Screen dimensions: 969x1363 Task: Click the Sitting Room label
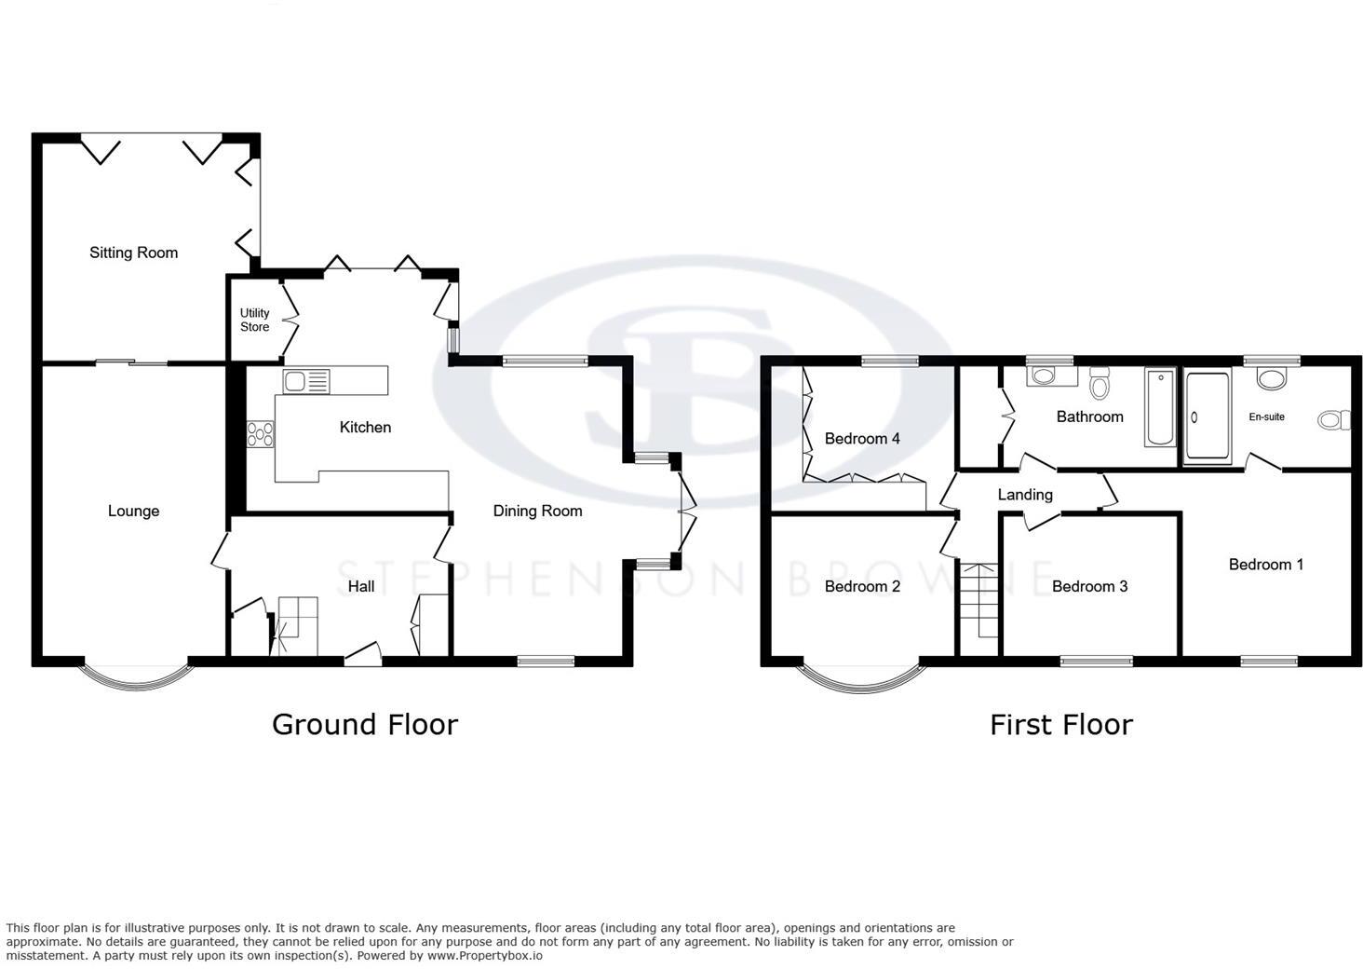pos(133,252)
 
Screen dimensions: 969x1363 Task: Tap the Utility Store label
pos(254,320)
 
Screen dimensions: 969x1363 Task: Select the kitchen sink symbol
pos(306,380)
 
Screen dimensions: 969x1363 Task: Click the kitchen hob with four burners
pos(261,434)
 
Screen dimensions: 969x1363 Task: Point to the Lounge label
pos(133,511)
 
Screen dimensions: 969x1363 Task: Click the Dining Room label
pos(537,511)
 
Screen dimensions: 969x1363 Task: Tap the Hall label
pos(360,586)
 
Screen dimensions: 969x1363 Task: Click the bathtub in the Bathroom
pos(1160,407)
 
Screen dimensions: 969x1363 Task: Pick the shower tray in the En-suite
pos(1208,417)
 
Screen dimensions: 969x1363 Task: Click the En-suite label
pos(1266,417)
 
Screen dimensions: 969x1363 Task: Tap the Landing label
pos(1024,495)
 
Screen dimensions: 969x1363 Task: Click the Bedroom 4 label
pos(861,439)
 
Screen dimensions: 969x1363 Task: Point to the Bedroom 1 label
pos(1265,565)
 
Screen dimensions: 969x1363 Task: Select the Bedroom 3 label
pos(1089,586)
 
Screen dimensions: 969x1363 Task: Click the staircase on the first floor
pos(979,601)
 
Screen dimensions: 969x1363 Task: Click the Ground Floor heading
pos(364,724)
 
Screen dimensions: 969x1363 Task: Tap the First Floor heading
pos(1060,724)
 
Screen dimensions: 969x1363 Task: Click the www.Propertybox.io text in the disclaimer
pos(484,955)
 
